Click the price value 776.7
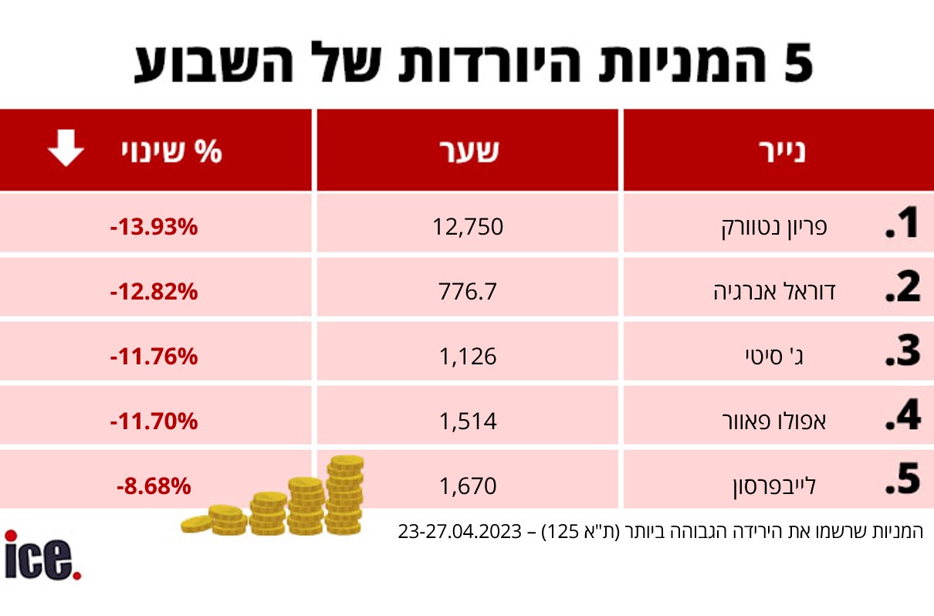pos(469,292)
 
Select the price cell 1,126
pos(469,356)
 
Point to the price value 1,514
pos(469,421)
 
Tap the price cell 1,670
pos(468,486)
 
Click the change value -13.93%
pos(154,227)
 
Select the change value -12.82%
pos(154,292)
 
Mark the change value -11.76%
pos(154,357)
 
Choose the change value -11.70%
pos(154,421)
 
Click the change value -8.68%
pos(154,486)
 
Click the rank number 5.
pos(902,480)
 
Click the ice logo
pos(42,554)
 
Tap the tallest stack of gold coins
pos(344,494)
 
